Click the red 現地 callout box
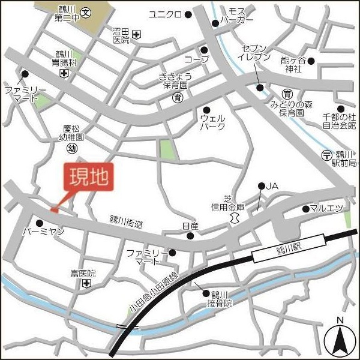click(x=87, y=178)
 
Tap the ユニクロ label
click(x=165, y=14)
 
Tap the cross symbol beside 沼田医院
click(x=137, y=35)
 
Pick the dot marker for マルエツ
click(x=305, y=209)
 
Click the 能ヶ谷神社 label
click(x=293, y=64)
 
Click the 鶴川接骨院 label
click(x=220, y=299)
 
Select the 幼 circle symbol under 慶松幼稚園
click(x=72, y=148)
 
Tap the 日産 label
click(x=190, y=226)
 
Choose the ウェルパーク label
click(x=213, y=122)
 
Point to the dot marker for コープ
click(x=204, y=50)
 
